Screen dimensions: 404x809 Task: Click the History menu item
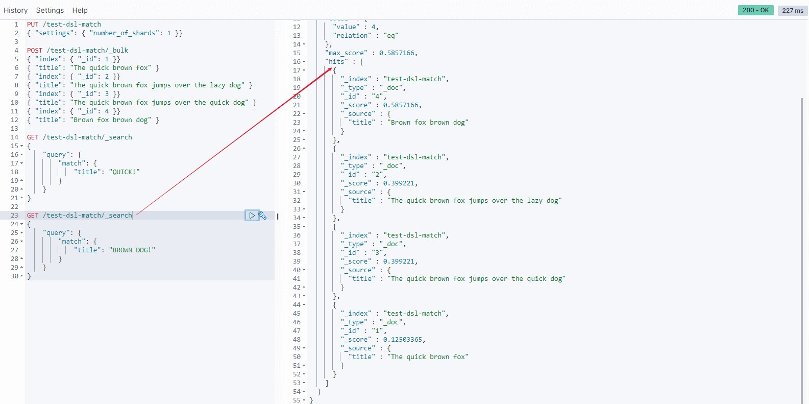tap(15, 10)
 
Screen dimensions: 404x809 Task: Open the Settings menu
tap(50, 10)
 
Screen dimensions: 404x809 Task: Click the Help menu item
tap(80, 10)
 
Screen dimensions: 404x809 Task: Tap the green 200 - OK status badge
tap(755, 10)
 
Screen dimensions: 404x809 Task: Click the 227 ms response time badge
tap(792, 11)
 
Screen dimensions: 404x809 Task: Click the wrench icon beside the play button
tap(262, 216)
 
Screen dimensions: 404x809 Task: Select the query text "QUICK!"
tap(124, 172)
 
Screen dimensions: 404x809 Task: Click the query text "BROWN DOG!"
tap(132, 250)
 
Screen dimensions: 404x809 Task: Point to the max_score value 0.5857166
tap(398, 53)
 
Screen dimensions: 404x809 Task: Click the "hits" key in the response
tap(337, 62)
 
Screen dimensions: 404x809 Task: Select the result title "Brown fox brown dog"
tap(428, 123)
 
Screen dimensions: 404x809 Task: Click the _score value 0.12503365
tap(404, 340)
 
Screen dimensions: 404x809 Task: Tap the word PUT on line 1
tap(33, 25)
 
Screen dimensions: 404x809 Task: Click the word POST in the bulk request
tap(35, 51)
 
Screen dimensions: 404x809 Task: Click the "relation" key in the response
tap(352, 36)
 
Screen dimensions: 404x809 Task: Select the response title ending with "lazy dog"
tap(474, 201)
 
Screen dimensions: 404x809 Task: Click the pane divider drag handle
tap(278, 216)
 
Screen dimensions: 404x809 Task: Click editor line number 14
tap(14, 137)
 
